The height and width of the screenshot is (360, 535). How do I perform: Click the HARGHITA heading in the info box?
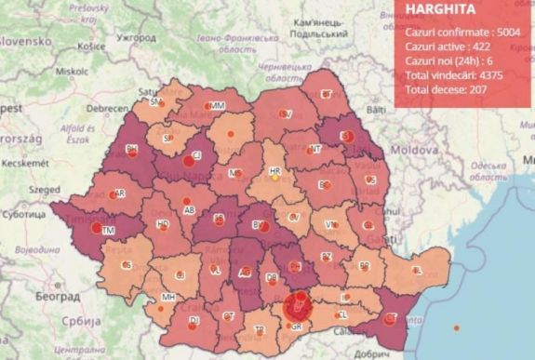click(x=440, y=11)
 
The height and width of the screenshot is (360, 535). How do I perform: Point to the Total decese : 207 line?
click(x=447, y=90)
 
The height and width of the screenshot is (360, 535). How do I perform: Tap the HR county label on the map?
click(x=274, y=173)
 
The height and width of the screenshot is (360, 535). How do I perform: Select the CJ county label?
click(x=196, y=155)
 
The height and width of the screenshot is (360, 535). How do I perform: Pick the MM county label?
click(x=217, y=107)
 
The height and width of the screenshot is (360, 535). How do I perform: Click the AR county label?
click(x=119, y=193)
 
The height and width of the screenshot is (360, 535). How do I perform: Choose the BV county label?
click(x=256, y=224)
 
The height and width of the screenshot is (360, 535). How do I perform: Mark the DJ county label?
click(x=194, y=321)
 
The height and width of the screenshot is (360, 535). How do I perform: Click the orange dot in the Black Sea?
click(x=455, y=327)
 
